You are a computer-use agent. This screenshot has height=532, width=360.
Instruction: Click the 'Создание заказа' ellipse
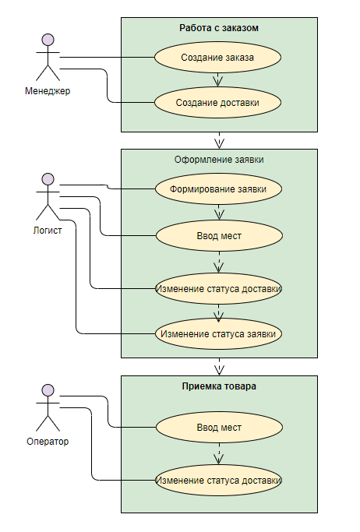[x=217, y=58]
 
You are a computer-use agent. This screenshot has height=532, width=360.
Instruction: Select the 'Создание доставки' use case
[x=217, y=103]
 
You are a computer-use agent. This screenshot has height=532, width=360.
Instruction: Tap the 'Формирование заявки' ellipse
[x=218, y=189]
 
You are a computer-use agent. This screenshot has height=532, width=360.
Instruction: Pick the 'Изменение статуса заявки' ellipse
[x=218, y=334]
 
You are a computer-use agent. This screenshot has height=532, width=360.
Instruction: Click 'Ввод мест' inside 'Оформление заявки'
[x=219, y=236]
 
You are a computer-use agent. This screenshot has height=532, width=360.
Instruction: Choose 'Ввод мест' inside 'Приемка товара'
[x=219, y=428]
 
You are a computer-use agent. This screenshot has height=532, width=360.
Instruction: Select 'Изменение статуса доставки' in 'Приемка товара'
[x=218, y=481]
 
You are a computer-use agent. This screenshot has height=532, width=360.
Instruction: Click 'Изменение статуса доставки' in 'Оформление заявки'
[x=218, y=289]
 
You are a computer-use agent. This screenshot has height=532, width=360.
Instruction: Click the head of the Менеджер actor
[x=48, y=40]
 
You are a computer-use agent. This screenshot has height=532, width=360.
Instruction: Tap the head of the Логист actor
[x=48, y=179]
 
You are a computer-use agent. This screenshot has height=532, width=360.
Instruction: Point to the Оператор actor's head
[x=48, y=390]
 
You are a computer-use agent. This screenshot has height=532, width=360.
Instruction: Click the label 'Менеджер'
[x=48, y=91]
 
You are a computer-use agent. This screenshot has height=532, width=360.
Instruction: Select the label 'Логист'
[x=48, y=231]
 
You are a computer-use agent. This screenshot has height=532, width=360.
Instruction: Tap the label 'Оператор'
[x=48, y=442]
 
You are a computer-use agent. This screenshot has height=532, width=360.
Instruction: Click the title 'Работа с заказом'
[x=219, y=28]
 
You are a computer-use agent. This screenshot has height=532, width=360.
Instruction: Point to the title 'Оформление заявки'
[x=219, y=160]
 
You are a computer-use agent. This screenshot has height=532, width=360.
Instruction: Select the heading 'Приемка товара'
[x=219, y=386]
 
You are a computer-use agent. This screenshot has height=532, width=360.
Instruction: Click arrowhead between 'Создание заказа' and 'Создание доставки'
[x=218, y=82]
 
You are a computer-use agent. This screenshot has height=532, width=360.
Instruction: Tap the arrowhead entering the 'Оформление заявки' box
[x=220, y=144]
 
